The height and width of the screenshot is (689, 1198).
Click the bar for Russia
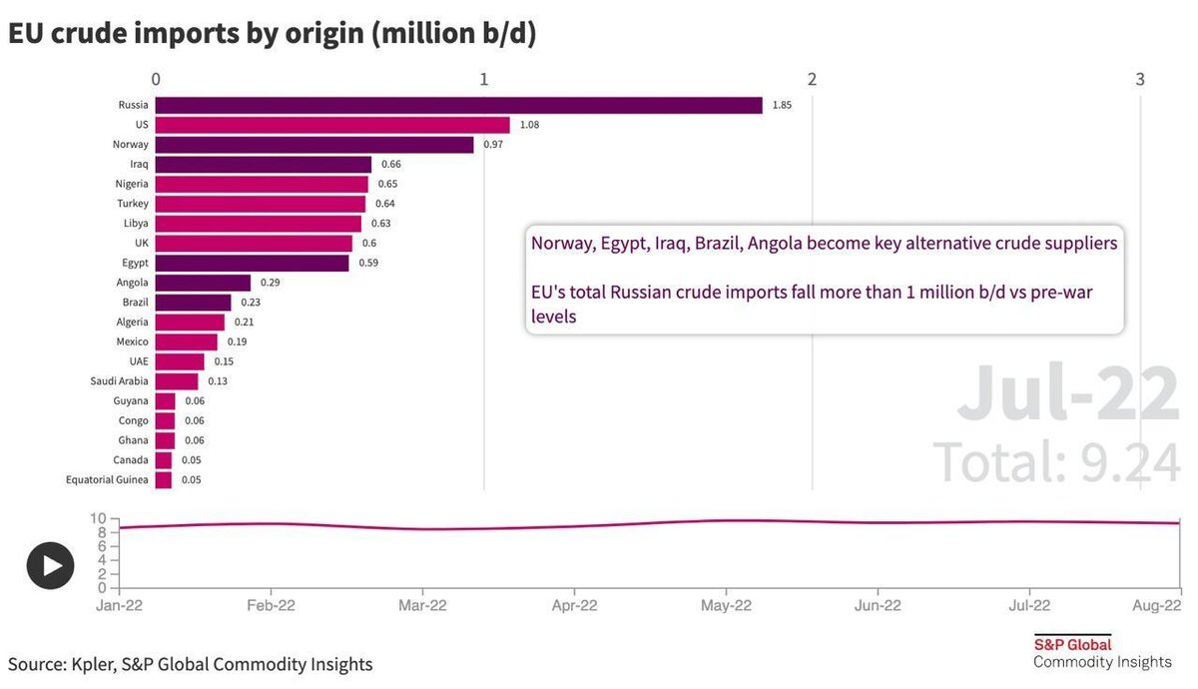pyautogui.click(x=458, y=105)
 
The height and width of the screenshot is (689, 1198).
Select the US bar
pyautogui.click(x=332, y=125)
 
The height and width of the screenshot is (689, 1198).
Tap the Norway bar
pyautogui.click(x=314, y=145)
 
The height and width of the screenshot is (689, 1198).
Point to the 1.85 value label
pyautogui.click(x=782, y=105)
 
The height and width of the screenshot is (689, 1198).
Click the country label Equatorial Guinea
pyautogui.click(x=107, y=480)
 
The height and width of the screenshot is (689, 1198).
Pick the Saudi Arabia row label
pyautogui.click(x=119, y=381)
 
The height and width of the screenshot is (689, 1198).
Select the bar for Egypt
pyautogui.click(x=252, y=263)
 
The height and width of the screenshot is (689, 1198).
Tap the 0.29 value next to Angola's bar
pyautogui.click(x=270, y=283)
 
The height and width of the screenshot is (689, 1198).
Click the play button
pyautogui.click(x=50, y=566)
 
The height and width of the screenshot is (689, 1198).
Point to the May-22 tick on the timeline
pyautogui.click(x=726, y=605)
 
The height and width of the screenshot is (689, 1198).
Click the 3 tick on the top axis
pyautogui.click(x=1140, y=79)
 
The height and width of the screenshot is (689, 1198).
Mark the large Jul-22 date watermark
pyautogui.click(x=1068, y=394)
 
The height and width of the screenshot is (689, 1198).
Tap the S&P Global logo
pyautogui.click(x=1072, y=644)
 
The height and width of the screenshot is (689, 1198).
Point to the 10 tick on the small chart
pyautogui.click(x=98, y=518)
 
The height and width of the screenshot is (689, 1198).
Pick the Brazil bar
pyautogui.click(x=193, y=303)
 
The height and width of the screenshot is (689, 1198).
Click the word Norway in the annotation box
pyautogui.click(x=562, y=244)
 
